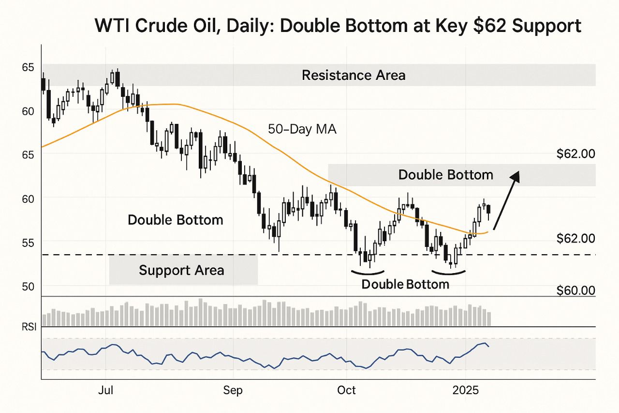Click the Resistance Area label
[x=354, y=76]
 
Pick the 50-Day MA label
[x=302, y=129]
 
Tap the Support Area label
[x=181, y=270]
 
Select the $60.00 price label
[x=575, y=291]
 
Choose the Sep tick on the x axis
[x=233, y=391]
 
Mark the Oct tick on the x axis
[x=347, y=391]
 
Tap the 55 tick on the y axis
[x=28, y=242]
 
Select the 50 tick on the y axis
[x=28, y=286]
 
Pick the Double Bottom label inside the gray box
[x=445, y=175]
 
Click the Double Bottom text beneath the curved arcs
[x=405, y=284]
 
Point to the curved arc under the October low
[x=368, y=271]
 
